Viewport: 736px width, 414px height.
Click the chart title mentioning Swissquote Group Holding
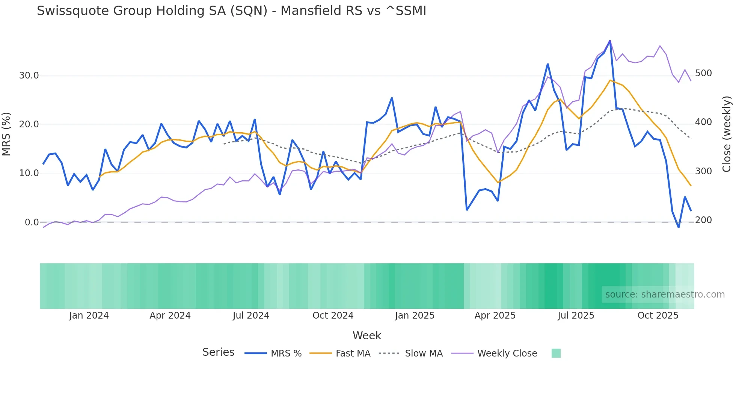231,11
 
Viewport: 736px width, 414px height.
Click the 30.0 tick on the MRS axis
29,76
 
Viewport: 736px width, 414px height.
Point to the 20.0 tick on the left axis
29,124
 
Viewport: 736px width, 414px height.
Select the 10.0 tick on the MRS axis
29,173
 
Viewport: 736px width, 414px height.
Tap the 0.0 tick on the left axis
32,222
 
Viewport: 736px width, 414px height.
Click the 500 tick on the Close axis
703,73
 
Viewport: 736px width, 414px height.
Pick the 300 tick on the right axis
703,171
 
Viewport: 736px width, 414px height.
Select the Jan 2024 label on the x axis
89,316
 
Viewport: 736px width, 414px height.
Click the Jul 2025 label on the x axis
576,316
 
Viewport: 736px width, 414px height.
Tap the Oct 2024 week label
333,316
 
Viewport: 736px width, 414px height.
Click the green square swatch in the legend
556,353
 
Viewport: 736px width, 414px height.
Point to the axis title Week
367,335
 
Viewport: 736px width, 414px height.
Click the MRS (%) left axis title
6,134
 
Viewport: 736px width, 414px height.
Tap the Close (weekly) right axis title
727,134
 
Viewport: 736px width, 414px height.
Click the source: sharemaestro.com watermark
665,295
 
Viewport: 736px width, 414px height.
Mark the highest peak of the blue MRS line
610,41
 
